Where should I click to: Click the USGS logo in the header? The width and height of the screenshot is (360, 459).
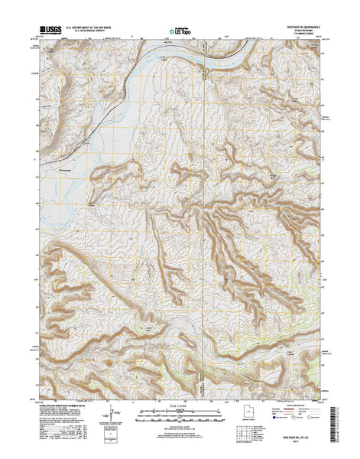click(x=48, y=32)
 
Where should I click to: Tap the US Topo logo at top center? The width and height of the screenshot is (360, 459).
click(x=180, y=32)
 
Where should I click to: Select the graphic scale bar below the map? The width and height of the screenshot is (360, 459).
click(x=180, y=419)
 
